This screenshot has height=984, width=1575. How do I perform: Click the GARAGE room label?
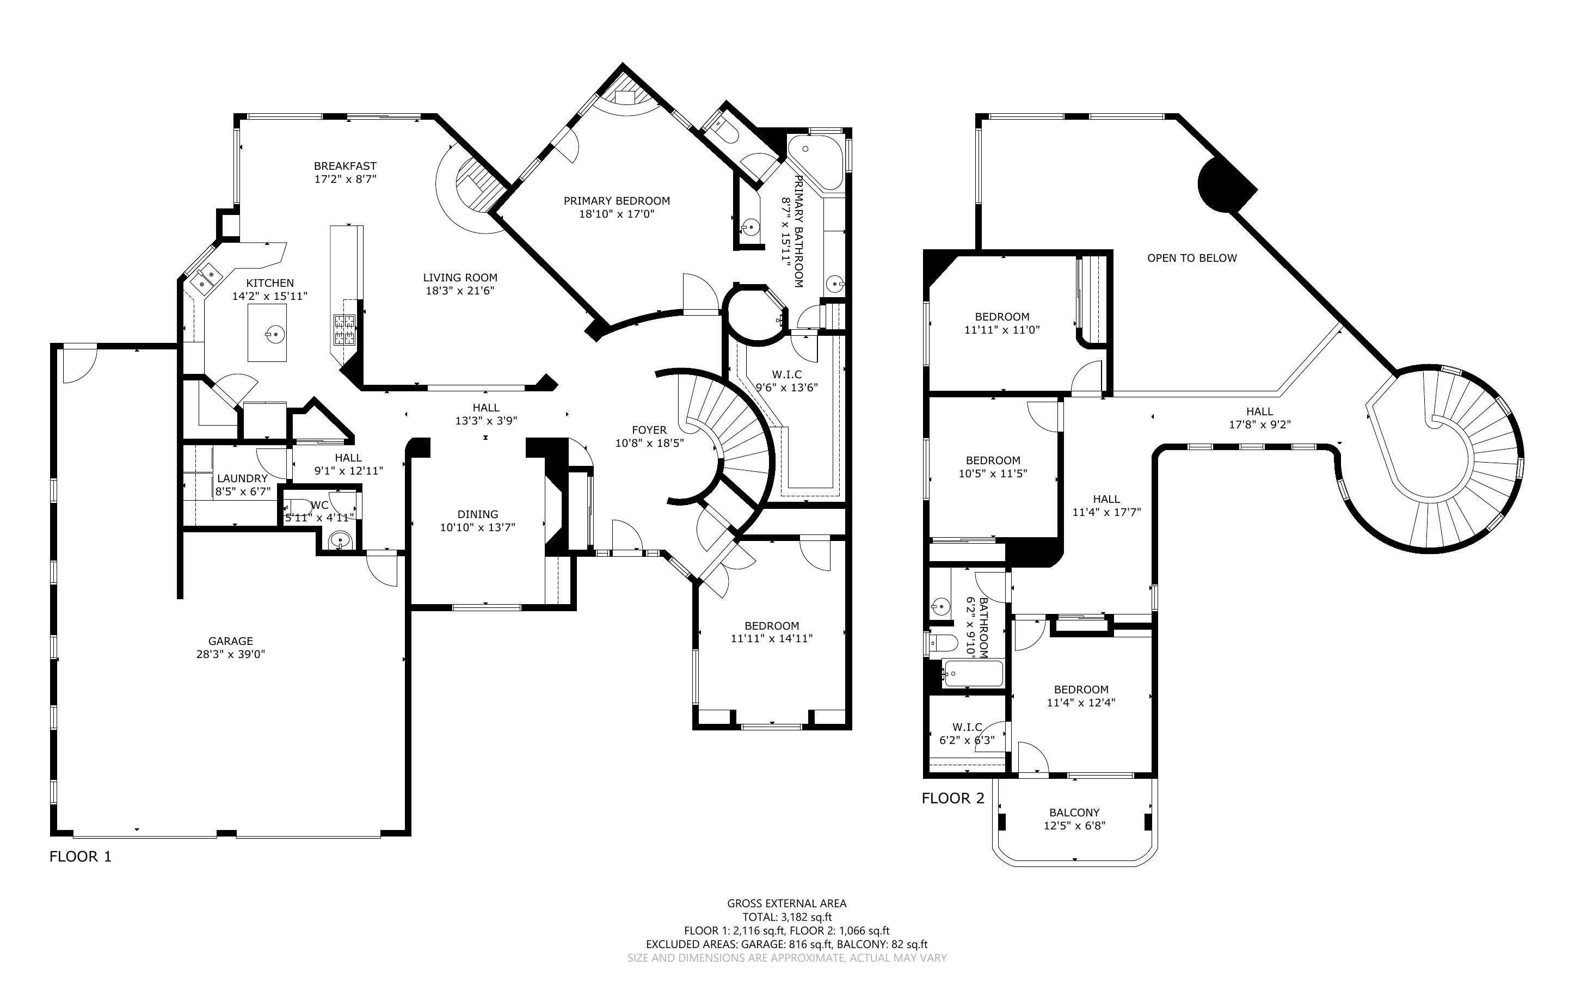230,641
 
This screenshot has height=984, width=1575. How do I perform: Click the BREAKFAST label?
345,166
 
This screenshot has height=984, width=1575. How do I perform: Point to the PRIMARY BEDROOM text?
617,201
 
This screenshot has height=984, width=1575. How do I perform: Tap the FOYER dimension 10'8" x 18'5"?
649,443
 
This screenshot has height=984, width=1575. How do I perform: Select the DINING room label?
477,514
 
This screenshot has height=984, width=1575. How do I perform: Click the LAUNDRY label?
242,478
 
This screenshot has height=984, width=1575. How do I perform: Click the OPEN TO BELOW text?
1192,259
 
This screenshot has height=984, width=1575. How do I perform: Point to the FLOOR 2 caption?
953,798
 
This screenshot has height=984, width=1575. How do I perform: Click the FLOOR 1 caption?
81,857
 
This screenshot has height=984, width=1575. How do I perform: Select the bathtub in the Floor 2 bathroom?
973,674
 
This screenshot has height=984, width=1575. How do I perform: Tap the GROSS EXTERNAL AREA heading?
786,903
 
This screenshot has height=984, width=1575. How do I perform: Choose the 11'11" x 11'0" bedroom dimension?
1002,330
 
